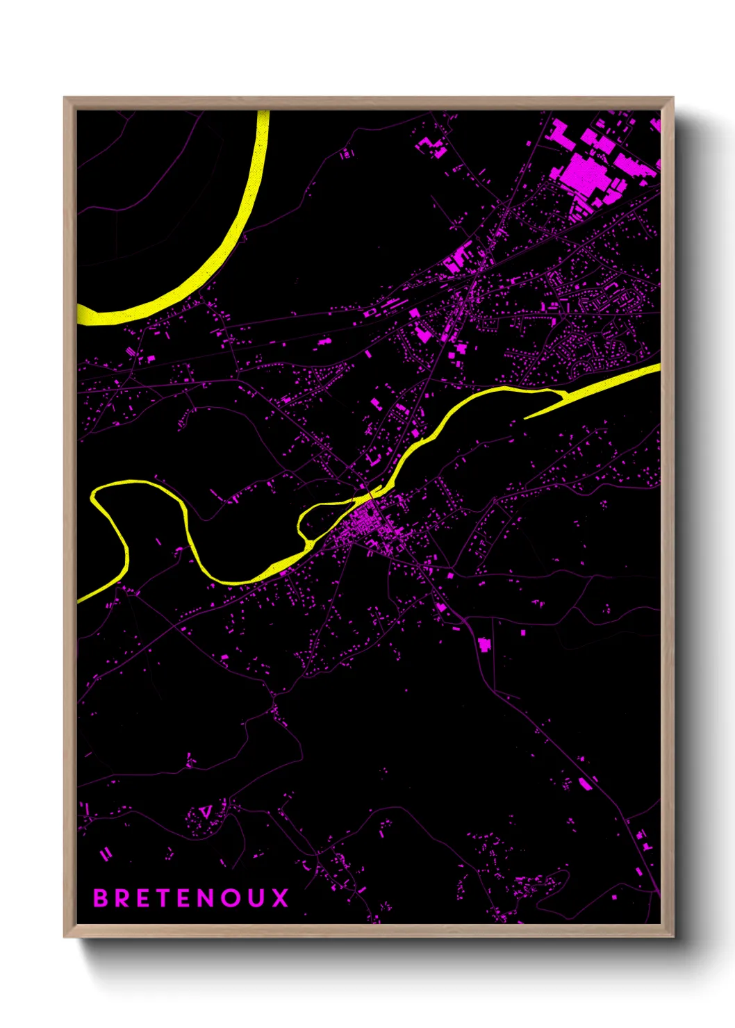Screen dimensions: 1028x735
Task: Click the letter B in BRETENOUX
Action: (x=101, y=898)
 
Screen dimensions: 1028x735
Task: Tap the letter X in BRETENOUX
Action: (x=280, y=898)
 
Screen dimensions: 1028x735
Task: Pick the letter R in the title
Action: (x=120, y=898)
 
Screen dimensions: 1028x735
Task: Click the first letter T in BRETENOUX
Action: (x=161, y=898)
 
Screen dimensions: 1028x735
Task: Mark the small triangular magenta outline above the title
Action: (x=206, y=811)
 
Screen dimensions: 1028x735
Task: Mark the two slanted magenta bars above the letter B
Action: (x=106, y=854)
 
